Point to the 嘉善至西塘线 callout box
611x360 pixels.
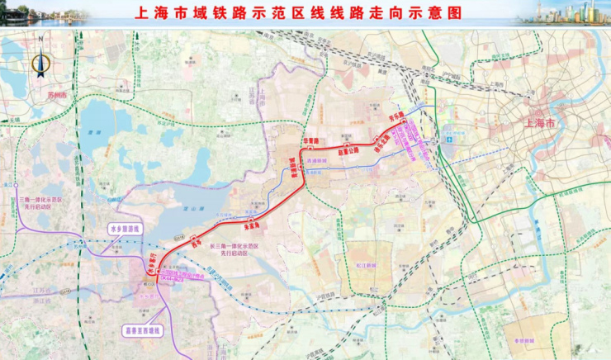tap(145, 330)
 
